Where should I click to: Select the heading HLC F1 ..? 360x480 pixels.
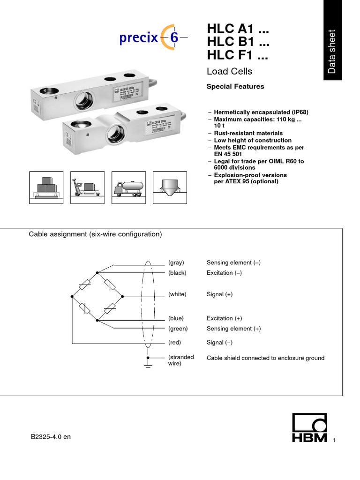point(238,55)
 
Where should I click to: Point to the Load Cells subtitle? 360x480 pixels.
point(229,71)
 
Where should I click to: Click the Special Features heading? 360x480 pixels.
point(235,86)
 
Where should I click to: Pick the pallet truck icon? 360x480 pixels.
point(85,187)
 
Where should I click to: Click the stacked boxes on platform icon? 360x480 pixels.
point(44,187)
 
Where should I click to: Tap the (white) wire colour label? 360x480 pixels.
point(177,294)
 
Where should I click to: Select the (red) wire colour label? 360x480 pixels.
point(174,342)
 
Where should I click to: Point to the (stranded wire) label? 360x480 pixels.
point(180,360)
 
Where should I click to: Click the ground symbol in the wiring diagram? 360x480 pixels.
point(148,364)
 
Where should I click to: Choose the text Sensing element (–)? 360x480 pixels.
point(233,262)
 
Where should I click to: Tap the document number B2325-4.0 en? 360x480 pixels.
point(51,436)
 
